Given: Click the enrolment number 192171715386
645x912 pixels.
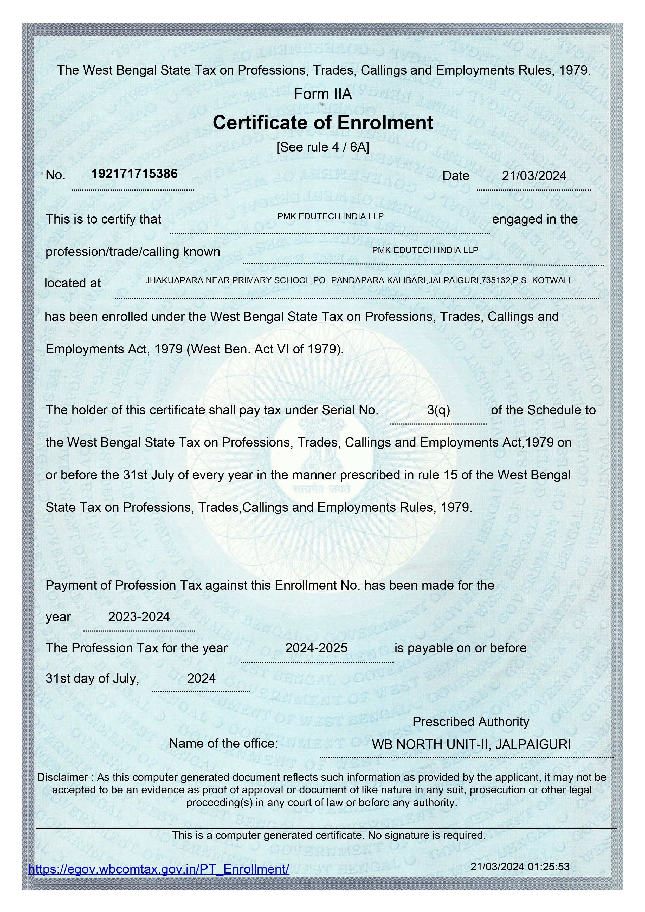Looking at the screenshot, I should [134, 174].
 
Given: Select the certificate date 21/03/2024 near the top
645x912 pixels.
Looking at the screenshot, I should [534, 176].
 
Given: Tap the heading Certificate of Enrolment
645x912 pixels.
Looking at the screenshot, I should [323, 122].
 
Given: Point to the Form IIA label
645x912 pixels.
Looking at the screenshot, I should [323, 94].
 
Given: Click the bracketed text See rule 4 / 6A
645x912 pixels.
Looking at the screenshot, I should [323, 147].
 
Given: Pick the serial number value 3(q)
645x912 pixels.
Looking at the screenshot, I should [438, 410].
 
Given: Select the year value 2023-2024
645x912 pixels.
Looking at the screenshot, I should [139, 616].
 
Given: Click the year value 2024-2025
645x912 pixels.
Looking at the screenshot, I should [316, 648].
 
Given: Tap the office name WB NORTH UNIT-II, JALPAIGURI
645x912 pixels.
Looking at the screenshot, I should [471, 744].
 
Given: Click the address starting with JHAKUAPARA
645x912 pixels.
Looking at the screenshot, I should [358, 280].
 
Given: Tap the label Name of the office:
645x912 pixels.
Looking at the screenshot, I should [223, 743].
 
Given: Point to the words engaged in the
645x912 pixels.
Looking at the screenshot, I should [534, 219].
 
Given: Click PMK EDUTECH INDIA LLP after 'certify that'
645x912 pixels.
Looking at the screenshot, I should [330, 216].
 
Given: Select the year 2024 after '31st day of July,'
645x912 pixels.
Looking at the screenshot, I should [201, 678].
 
